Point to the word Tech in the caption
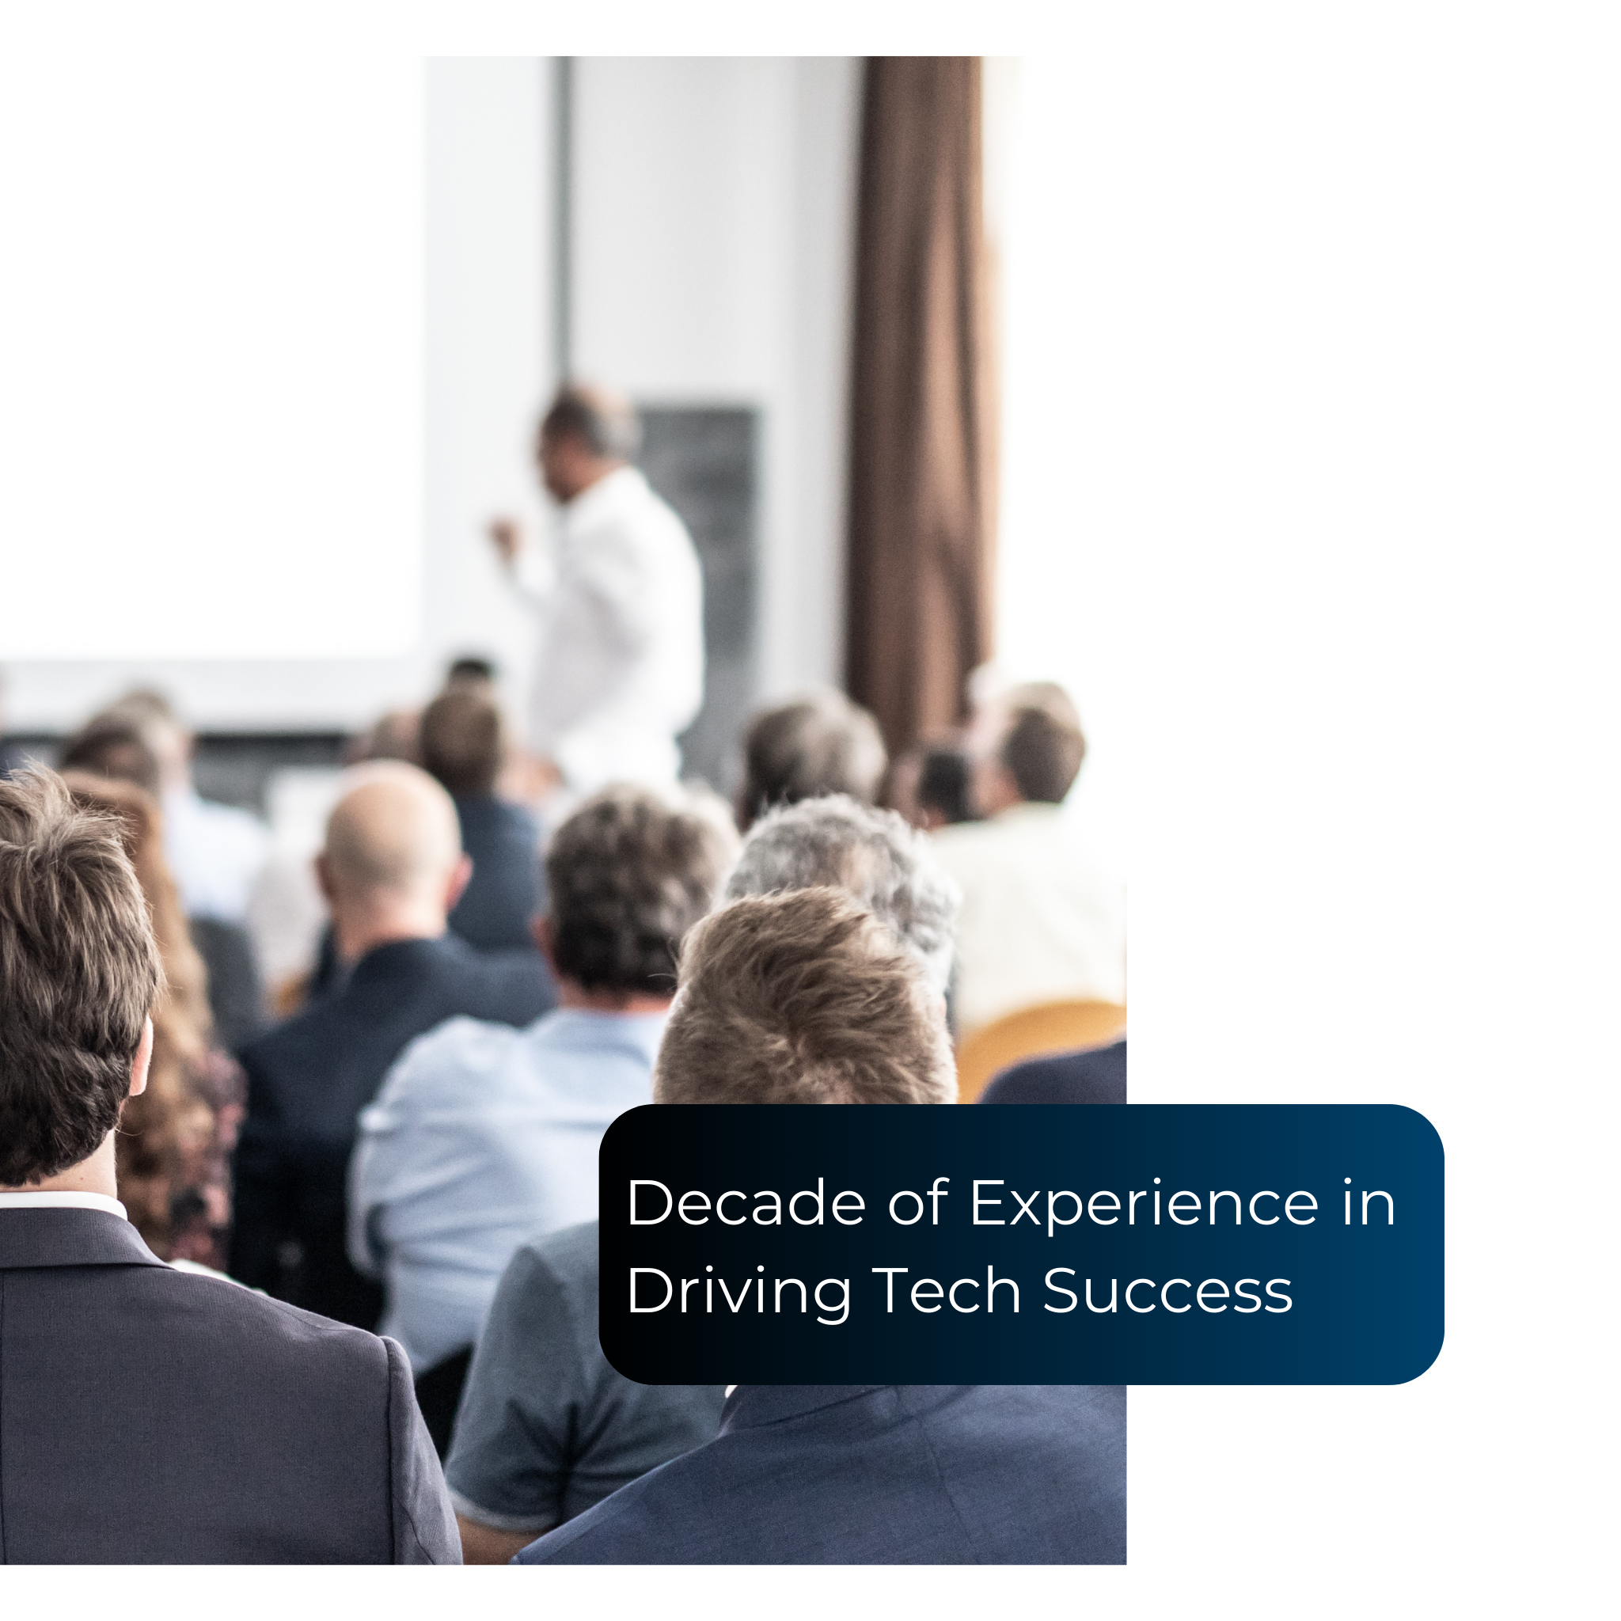click(x=947, y=1291)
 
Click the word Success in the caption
click(x=1168, y=1292)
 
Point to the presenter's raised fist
click(x=503, y=534)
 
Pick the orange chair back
click(x=1040, y=1049)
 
